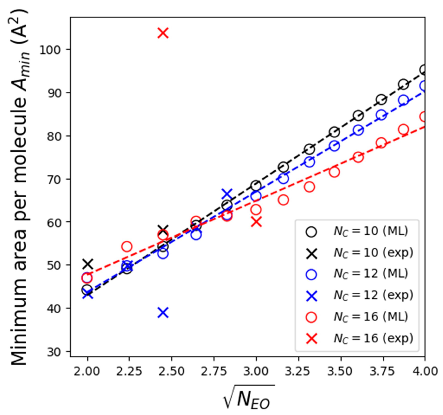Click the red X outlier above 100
[x=163, y=33]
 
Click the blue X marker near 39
[x=163, y=313]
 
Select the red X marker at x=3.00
[x=256, y=222]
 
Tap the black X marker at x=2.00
[x=88, y=264]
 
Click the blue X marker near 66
[x=227, y=194]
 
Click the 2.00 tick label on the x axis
[x=87, y=371]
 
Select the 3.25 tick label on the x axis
[x=299, y=371]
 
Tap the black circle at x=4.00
[x=424, y=70]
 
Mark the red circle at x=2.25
[x=127, y=246]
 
